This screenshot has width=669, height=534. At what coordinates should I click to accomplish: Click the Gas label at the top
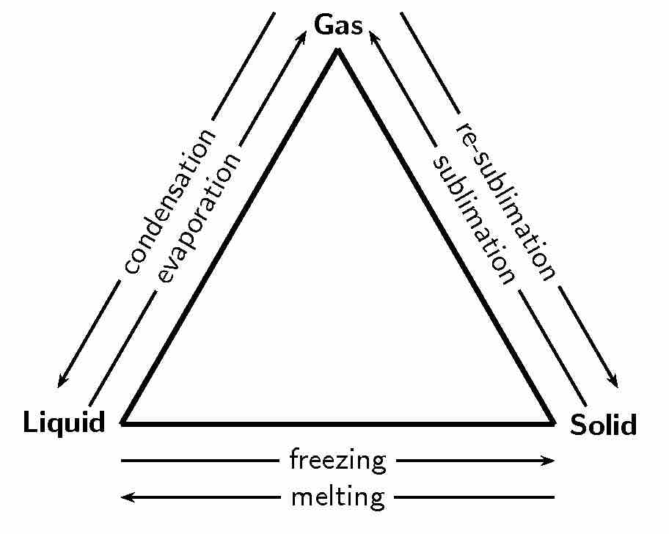(338, 25)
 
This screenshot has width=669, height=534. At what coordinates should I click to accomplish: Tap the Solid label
(603, 425)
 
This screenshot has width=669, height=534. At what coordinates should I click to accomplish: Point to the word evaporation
(199, 219)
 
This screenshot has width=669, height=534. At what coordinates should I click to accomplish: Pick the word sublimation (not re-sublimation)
(473, 219)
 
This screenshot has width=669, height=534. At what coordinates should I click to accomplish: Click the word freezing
(338, 461)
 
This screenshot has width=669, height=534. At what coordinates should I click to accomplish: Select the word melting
(338, 497)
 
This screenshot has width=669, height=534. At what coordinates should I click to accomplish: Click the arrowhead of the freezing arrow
(551, 461)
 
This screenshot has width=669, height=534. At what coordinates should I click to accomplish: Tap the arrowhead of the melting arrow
(125, 497)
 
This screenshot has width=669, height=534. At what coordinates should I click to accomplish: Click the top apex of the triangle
(338, 51)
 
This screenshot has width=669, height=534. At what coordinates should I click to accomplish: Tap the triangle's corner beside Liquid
(125, 422)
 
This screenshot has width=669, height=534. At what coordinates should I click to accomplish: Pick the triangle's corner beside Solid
(552, 422)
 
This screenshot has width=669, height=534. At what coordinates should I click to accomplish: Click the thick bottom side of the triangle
(338, 423)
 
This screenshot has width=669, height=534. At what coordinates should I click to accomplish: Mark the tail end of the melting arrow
(553, 497)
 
